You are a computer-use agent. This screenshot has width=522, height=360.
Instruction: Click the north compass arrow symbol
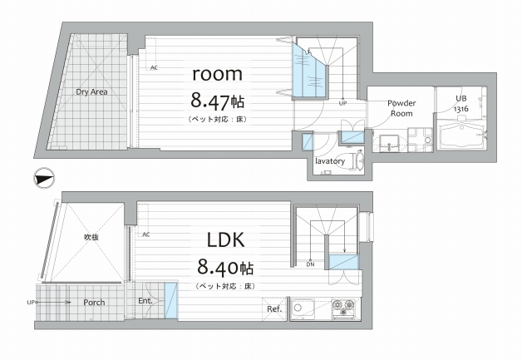coord(43,177)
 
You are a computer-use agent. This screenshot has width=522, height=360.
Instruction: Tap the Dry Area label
coord(91,92)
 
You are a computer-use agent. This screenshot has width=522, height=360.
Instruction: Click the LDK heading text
coord(226,239)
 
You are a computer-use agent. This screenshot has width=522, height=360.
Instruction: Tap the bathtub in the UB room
coord(460,136)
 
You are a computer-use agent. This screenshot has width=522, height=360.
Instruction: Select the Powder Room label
coord(401,108)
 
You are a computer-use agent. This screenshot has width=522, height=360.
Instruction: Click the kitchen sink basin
coord(303,309)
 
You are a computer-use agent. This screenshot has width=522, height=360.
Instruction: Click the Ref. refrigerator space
coord(274,309)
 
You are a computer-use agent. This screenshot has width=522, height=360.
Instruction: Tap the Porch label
coord(94,303)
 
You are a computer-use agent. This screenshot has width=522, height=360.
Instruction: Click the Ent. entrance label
coord(145,301)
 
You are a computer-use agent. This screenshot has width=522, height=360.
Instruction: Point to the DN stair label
coord(310,264)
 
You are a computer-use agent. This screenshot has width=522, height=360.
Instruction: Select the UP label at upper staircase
coord(343,103)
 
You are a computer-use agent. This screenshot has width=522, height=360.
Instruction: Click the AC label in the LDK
coord(145,234)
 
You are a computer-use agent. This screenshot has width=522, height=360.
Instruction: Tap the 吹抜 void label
coord(91,237)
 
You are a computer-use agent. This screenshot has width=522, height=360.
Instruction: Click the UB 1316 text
coord(461,104)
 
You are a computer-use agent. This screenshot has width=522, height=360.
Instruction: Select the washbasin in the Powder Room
coord(389,142)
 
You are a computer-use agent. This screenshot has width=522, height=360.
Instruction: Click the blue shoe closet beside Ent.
coord(171,300)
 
